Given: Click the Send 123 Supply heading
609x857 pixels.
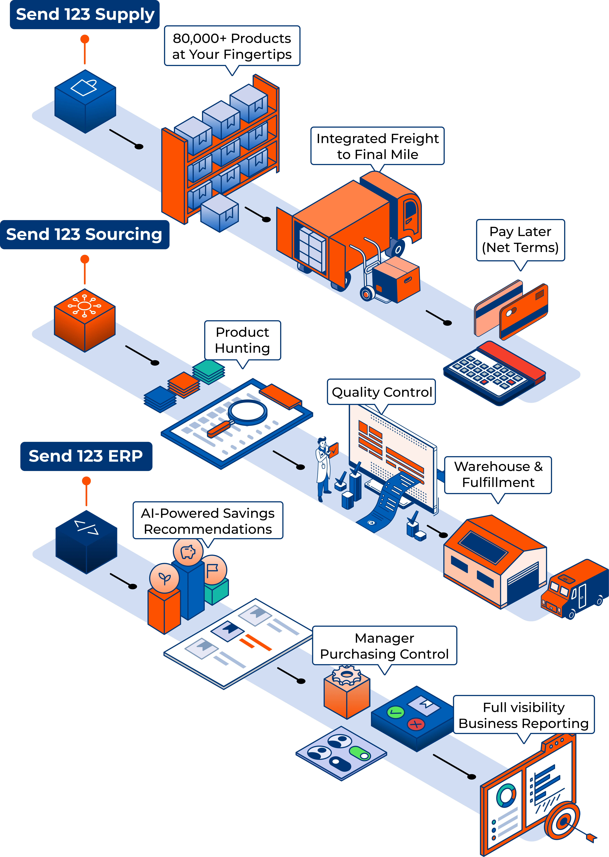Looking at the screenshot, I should [85, 15].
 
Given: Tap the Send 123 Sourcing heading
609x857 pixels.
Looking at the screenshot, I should [84, 234].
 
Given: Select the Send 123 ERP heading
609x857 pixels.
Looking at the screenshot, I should [86, 456].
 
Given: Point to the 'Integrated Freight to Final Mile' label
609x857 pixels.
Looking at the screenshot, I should [377, 146].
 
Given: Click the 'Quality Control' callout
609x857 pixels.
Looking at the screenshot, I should [381, 392].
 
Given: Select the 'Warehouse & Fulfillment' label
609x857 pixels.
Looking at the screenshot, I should [498, 474].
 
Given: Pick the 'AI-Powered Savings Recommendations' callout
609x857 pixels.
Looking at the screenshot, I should [208, 521].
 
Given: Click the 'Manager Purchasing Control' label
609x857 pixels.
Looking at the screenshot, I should [384, 646].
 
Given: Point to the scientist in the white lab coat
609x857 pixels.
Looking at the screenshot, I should [323, 469].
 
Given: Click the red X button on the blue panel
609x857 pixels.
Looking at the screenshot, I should [416, 724].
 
